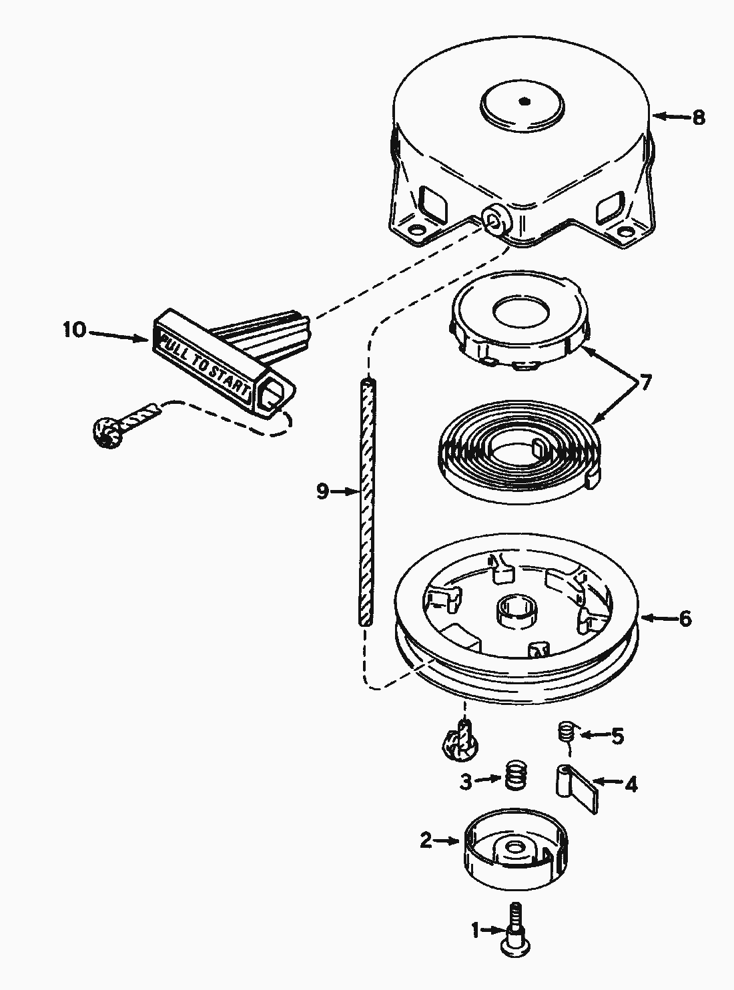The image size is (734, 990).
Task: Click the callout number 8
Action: pos(697,117)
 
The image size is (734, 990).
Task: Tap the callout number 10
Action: pos(75,330)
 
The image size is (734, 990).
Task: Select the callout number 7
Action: pos(645,383)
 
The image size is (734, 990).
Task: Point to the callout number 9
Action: pos(323,491)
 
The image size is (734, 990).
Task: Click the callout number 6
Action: pos(685,618)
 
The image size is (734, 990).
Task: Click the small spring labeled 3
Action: pos(514,776)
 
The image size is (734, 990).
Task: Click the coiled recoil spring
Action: pos(514,451)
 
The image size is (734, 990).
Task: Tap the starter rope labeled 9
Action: pos(365,501)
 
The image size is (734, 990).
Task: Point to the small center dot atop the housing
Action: pos(524,101)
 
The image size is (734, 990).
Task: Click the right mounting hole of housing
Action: pos(626,232)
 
